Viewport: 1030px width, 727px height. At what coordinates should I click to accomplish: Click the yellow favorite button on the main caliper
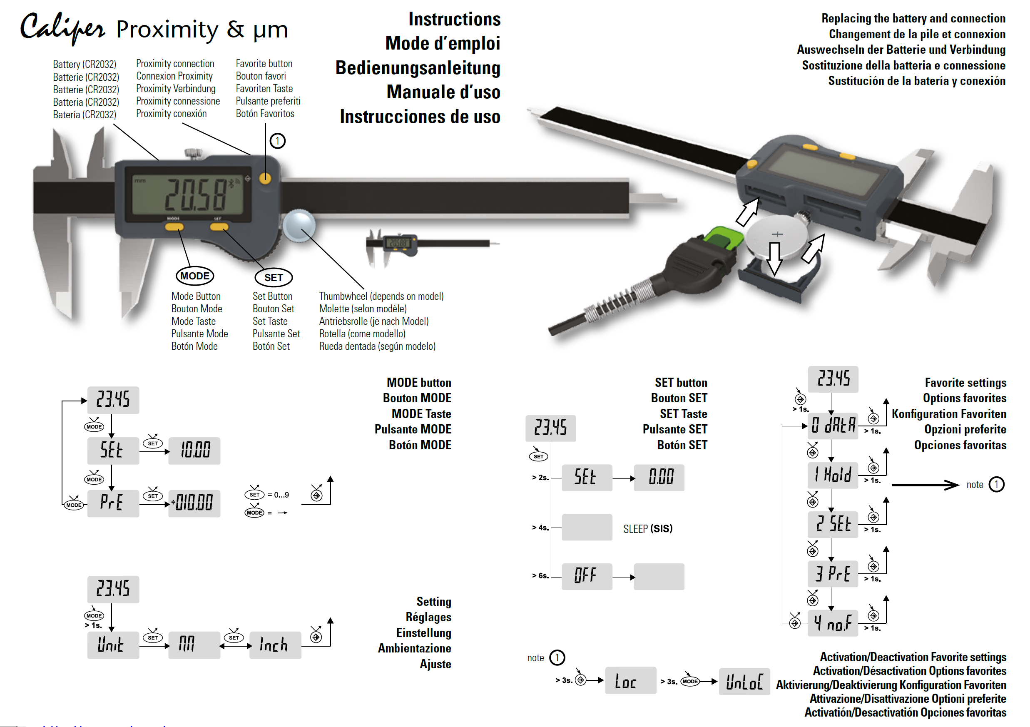point(265,179)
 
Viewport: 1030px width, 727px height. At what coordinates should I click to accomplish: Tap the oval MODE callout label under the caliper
point(195,276)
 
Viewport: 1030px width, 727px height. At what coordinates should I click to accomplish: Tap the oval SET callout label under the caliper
point(273,277)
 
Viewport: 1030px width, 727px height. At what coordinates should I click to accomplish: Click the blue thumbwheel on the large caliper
point(299,225)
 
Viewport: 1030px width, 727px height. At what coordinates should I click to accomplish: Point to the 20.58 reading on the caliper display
point(196,194)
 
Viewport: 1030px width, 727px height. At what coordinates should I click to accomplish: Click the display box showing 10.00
point(194,450)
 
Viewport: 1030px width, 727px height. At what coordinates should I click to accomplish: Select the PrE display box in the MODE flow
point(112,503)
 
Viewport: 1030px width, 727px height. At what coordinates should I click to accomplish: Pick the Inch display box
point(274,645)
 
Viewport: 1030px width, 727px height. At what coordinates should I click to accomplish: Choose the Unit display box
point(112,645)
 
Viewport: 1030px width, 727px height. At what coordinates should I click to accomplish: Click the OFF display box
point(586,576)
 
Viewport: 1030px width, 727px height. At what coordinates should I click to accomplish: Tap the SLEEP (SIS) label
point(647,529)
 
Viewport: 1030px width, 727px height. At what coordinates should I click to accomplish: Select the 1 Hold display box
point(833,475)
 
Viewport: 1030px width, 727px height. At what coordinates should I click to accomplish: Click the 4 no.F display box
point(833,623)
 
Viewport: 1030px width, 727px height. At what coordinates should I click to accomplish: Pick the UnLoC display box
point(744,681)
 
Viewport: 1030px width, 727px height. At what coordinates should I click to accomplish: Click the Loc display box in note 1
point(630,681)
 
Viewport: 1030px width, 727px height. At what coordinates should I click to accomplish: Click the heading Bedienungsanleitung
point(418,68)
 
